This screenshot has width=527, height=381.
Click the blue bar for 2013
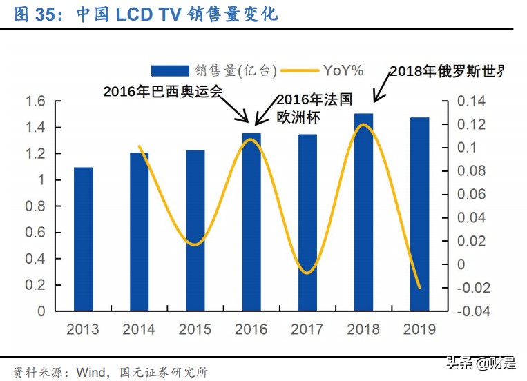pos(83,239)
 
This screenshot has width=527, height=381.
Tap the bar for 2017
pos(307,222)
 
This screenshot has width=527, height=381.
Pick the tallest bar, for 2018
pos(363,212)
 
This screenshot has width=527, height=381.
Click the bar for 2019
pos(419,214)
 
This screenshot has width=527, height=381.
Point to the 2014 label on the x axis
pos(139,329)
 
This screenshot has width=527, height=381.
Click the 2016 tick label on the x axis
pos(251,329)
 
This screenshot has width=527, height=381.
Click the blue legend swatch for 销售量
pos(170,70)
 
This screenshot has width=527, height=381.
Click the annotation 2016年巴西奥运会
pos(163,91)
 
